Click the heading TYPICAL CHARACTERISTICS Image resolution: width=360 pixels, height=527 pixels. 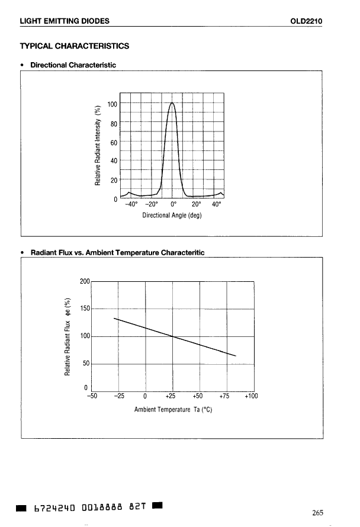75,46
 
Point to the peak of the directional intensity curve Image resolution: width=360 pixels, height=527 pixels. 172,102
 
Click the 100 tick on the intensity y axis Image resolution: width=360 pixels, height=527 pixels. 112,104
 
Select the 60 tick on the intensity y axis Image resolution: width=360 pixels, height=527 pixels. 114,142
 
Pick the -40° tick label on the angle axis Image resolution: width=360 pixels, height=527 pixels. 132,204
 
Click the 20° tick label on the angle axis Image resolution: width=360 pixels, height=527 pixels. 197,204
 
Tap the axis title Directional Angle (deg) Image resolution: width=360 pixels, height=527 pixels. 172,215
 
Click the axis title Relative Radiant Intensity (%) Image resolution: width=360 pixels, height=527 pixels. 99,144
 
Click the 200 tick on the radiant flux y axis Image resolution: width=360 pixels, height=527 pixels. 85,281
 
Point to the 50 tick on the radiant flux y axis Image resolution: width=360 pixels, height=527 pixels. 86,364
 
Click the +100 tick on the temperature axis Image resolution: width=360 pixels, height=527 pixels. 251,397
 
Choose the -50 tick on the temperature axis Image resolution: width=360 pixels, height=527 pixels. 92,397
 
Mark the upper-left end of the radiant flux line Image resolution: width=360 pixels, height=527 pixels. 114,318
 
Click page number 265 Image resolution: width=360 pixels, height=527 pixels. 317,513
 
